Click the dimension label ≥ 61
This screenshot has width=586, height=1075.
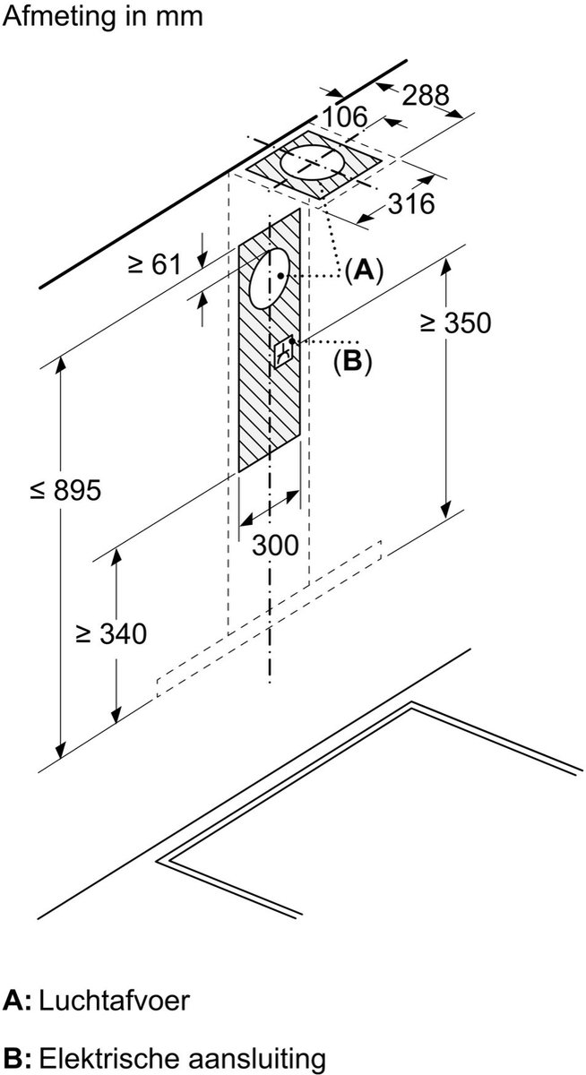coord(154,264)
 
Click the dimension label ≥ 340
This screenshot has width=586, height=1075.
coord(110,634)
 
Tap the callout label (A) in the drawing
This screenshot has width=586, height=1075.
coord(363,270)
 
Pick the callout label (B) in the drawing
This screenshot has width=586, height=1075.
coord(351,360)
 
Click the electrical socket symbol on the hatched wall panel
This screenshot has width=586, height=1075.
coord(285,353)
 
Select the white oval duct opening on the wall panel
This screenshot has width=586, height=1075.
coord(266,279)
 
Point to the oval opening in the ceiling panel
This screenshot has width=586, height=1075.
coord(312,163)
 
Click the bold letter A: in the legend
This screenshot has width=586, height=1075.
coord(17,1001)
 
